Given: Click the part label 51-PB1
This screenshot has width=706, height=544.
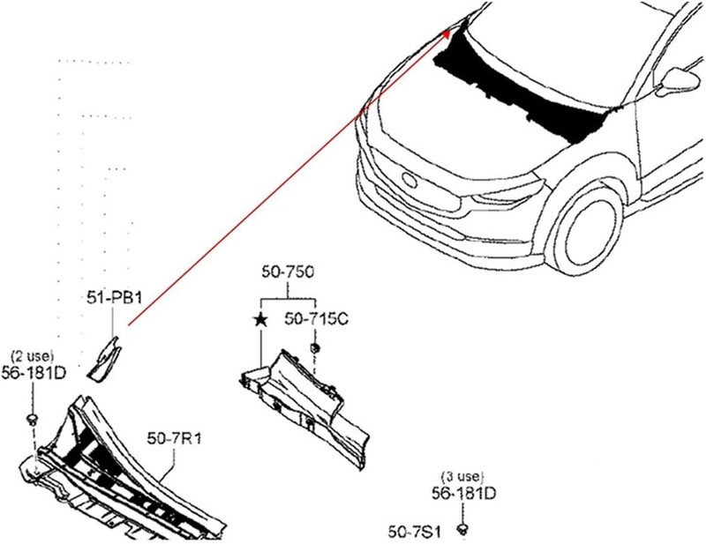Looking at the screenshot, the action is (x=115, y=297).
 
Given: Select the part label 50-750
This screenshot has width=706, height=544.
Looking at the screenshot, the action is (x=289, y=272).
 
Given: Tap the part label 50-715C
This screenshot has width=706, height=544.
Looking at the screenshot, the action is (x=316, y=318).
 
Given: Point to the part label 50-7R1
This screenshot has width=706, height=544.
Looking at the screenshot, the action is (x=174, y=438).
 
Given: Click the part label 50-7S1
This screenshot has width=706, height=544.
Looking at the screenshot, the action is (x=414, y=532).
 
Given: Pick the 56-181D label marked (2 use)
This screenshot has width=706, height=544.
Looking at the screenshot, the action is (x=34, y=373).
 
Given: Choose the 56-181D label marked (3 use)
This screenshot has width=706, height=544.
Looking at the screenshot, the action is (x=464, y=493).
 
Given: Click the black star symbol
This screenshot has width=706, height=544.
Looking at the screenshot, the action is (x=260, y=320).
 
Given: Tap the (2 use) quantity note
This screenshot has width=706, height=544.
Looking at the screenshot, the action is (x=33, y=356).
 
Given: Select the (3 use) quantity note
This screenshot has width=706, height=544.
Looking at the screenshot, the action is (x=462, y=476).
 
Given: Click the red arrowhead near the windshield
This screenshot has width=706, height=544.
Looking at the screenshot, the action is (x=447, y=34).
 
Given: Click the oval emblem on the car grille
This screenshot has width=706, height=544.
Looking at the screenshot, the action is (x=409, y=180).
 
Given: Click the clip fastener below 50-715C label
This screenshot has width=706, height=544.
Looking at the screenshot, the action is (x=315, y=347).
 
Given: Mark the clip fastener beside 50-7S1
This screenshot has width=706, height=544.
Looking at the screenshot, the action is (x=462, y=528).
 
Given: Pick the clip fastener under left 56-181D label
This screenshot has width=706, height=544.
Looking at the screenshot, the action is (x=32, y=421).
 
